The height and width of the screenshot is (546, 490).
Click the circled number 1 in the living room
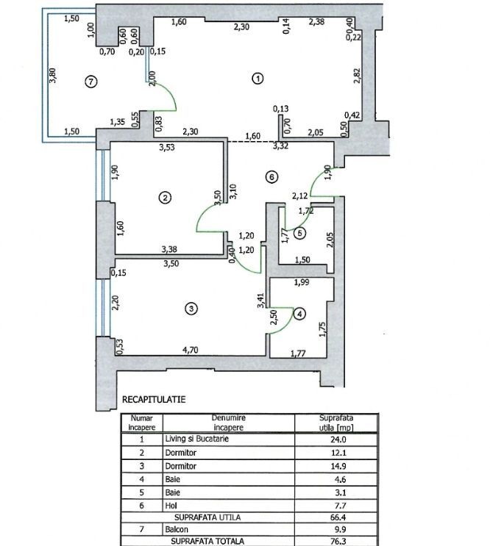click(258, 79)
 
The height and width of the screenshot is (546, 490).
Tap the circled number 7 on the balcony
click(90, 82)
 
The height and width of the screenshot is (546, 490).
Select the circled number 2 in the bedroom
click(166, 197)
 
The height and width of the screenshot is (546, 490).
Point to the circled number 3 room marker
click(191, 309)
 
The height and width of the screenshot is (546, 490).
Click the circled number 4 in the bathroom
click(299, 313)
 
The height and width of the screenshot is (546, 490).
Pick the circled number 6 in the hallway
click(271, 177)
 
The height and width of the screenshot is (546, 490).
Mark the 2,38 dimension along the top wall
click(318, 22)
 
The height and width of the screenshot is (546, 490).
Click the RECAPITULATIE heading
click(152, 399)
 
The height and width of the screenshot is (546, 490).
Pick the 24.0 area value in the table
click(334, 439)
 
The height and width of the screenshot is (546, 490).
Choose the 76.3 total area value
click(334, 540)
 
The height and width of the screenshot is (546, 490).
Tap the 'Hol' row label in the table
click(171, 506)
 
